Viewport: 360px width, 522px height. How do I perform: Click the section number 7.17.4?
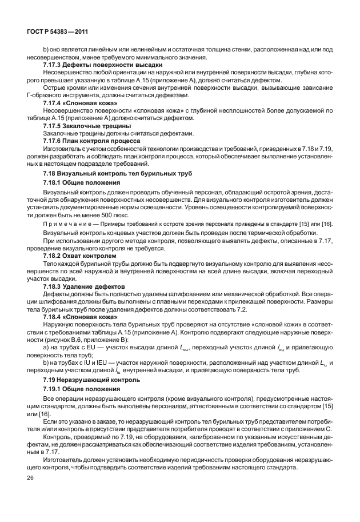click(x=53, y=102)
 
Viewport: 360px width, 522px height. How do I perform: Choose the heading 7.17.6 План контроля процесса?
click(x=88, y=140)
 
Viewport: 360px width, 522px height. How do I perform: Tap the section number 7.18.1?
click(x=54, y=182)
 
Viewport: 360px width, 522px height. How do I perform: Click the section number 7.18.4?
click(x=53, y=315)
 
